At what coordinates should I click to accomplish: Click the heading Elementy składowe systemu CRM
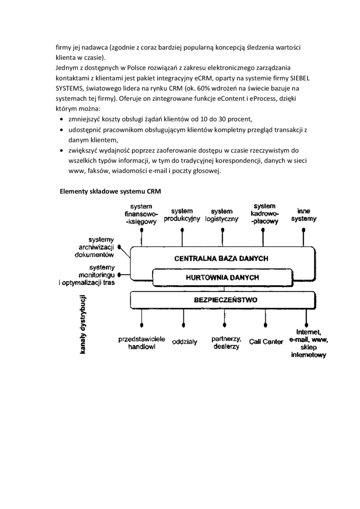pyautogui.click(x=110, y=192)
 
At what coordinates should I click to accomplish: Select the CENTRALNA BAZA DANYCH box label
pyautogui.click(x=221, y=259)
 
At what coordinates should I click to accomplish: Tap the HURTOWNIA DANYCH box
pyautogui.click(x=222, y=277)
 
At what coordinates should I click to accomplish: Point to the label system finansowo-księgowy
pyautogui.click(x=141, y=214)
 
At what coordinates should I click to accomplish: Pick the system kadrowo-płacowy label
pyautogui.click(x=264, y=213)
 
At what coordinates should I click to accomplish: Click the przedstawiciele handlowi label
pyautogui.click(x=142, y=343)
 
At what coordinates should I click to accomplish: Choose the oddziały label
pyautogui.click(x=185, y=341)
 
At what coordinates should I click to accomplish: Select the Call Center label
pyautogui.click(x=266, y=341)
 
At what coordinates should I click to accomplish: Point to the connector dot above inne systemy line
pyautogui.click(x=304, y=230)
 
